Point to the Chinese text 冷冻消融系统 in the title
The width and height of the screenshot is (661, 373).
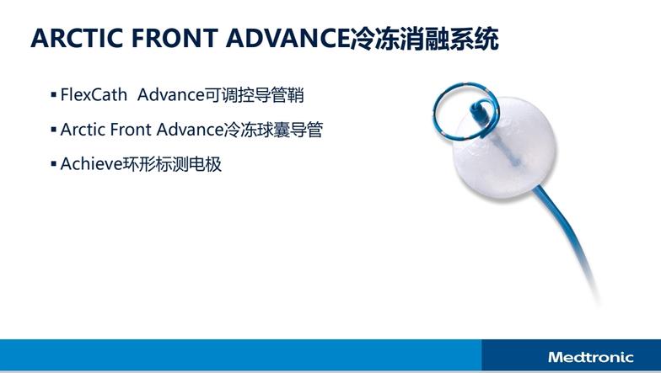coord(425,39)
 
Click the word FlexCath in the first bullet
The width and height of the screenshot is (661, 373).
coord(94,94)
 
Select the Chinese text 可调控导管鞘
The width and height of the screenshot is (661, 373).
coord(255,95)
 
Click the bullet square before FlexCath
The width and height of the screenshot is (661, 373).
coord(54,94)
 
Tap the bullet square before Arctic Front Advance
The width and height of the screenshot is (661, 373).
coord(54,130)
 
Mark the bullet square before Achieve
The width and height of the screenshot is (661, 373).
coord(54,163)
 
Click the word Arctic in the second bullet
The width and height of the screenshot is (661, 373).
coord(83,130)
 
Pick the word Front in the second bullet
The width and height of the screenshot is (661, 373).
coord(130,130)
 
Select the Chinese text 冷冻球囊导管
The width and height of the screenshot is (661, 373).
coord(273,130)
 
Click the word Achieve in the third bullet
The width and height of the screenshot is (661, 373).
coord(91,164)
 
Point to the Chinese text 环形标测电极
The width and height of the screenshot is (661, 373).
coord(172,164)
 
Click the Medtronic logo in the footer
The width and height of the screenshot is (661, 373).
coord(590,357)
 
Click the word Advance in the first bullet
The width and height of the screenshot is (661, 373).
coord(171,94)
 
